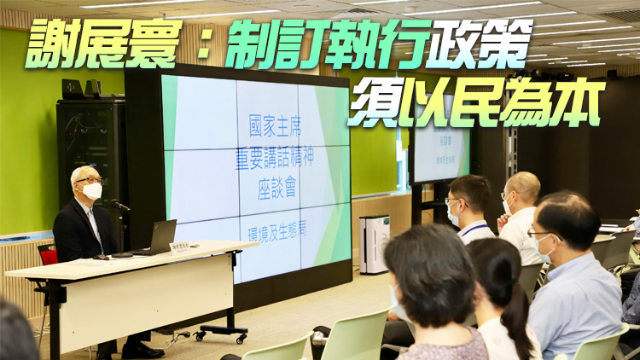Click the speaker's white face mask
pyautogui.click(x=92, y=191)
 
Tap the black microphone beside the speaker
pyautogui.click(x=119, y=205)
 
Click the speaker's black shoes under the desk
pyautogui.click(x=141, y=349)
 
